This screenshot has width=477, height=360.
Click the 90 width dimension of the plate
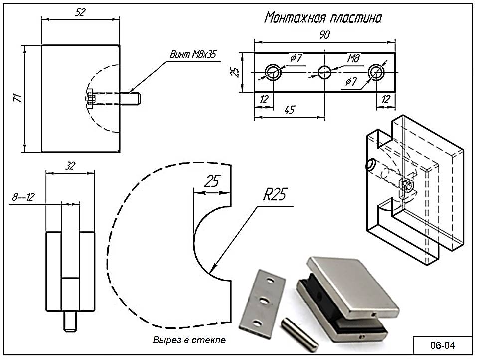[x=324, y=35]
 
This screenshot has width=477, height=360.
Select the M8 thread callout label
[x=353, y=58]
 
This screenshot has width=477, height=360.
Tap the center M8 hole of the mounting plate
[x=324, y=72]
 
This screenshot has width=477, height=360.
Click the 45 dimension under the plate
[x=290, y=110]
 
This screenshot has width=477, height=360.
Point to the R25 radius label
[x=275, y=195]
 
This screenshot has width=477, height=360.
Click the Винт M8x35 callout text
[x=193, y=54]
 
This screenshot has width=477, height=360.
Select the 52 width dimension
[x=80, y=12]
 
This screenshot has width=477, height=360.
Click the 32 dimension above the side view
[x=70, y=166]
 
